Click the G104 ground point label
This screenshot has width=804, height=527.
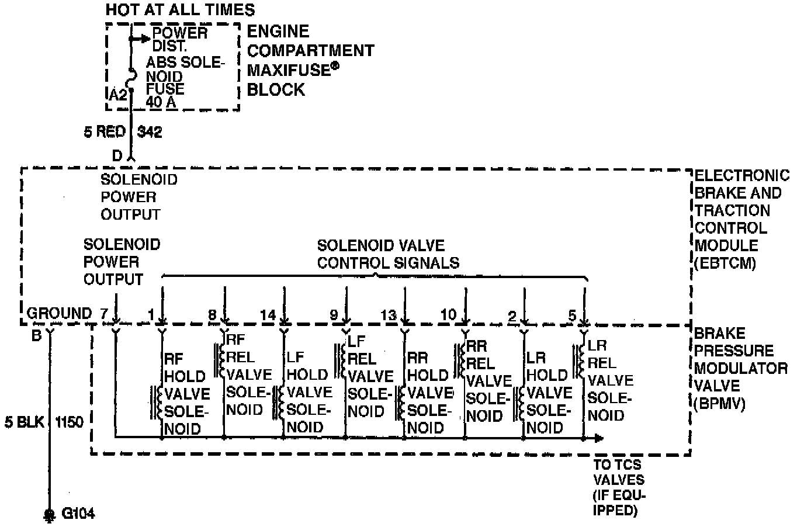pyautogui.click(x=78, y=514)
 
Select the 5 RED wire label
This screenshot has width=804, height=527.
pyautogui.click(x=105, y=132)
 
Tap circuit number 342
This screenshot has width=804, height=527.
pyautogui.click(x=150, y=132)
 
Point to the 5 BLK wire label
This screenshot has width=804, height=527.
pyautogui.click(x=25, y=422)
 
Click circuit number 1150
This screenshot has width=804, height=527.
pyautogui.click(x=70, y=422)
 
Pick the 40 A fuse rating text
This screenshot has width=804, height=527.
pyautogui.click(x=161, y=102)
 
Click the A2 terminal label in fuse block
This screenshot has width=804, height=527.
pyautogui.click(x=118, y=95)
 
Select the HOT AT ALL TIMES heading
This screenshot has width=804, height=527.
pyautogui.click(x=180, y=10)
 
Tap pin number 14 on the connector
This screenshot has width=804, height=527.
pyautogui.click(x=268, y=315)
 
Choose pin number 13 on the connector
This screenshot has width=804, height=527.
pyautogui.click(x=389, y=315)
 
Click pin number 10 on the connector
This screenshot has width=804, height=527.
pyautogui.click(x=448, y=314)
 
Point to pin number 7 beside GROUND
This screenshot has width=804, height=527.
pyautogui.click(x=103, y=314)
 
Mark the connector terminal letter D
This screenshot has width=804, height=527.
pyautogui.click(x=117, y=156)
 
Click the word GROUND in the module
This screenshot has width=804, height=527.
pyautogui.click(x=59, y=314)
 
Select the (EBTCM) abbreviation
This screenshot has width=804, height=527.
pyautogui.click(x=725, y=263)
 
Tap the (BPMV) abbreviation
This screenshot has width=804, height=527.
pyautogui.click(x=720, y=403)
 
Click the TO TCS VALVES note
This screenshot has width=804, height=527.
pyautogui.click(x=619, y=487)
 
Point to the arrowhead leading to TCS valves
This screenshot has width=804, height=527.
pyautogui.click(x=599, y=438)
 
